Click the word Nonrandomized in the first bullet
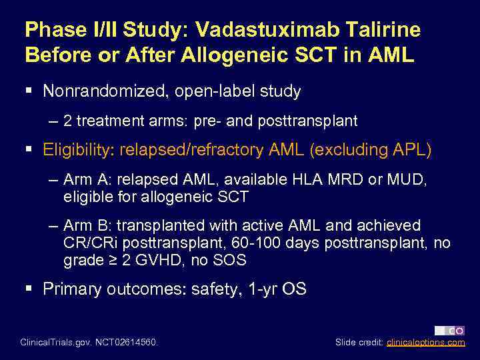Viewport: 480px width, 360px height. click(104, 91)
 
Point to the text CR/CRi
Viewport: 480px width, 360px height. click(87, 243)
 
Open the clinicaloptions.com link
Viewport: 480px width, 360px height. click(426, 343)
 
